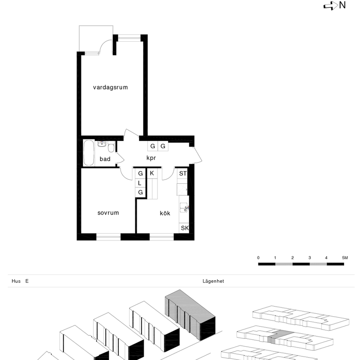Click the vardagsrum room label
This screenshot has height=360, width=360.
pyautogui.click(x=110, y=87)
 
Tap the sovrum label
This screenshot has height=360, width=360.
pyautogui.click(x=108, y=213)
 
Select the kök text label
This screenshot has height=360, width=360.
pyautogui.click(x=165, y=213)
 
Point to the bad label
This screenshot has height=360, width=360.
pyautogui.click(x=105, y=159)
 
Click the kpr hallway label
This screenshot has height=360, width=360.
pyautogui.click(x=151, y=158)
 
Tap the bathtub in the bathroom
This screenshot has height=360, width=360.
pyautogui.click(x=89, y=153)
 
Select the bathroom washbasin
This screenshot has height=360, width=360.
pyautogui.click(x=102, y=144)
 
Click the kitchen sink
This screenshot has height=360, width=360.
pyautogui.click(x=184, y=207)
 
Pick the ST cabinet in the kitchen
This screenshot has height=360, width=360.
pyautogui.click(x=183, y=174)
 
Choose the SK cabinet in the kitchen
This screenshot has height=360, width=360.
pyautogui.click(x=184, y=228)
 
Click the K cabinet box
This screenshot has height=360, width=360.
pyautogui.click(x=152, y=173)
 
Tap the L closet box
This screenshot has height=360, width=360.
pyautogui.click(x=140, y=183)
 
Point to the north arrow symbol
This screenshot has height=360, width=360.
pyautogui.click(x=331, y=6)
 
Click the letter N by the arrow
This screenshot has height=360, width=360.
pyautogui.click(x=342, y=5)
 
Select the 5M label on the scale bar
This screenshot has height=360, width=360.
pyautogui.click(x=345, y=258)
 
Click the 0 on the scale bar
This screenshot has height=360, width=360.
pyautogui.click(x=258, y=258)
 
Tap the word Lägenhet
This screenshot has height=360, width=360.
pyautogui.click(x=213, y=281)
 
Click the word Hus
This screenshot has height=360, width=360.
pyautogui.click(x=16, y=281)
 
